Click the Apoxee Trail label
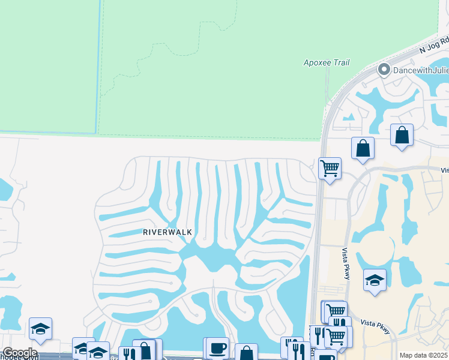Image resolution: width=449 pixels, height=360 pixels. click(x=327, y=62)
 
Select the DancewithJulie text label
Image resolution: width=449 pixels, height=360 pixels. click(x=420, y=71)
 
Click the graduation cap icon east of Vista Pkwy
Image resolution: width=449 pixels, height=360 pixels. click(x=375, y=280)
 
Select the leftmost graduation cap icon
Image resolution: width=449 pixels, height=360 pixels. click(x=40, y=328)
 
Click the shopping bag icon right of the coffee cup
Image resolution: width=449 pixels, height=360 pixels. click(x=246, y=353)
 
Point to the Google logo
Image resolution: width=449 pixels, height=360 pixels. click(x=20, y=353)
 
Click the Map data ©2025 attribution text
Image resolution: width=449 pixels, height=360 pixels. click(x=423, y=355)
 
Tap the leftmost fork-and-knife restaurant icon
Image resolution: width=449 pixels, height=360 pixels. click(x=128, y=354)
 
